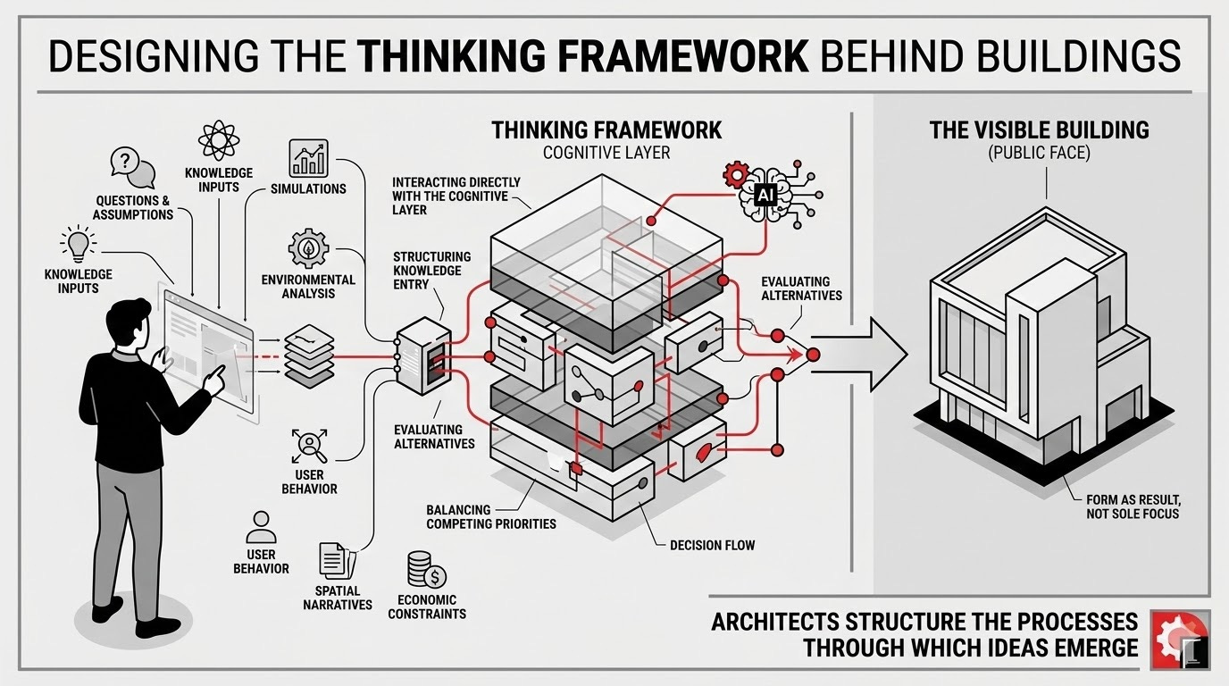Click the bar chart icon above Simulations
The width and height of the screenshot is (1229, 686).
(308, 157)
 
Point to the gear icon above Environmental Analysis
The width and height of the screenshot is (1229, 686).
(308, 247)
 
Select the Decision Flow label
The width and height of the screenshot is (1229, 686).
(711, 544)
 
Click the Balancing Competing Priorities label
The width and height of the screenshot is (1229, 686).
(490, 516)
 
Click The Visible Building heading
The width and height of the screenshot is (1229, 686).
(1039, 130)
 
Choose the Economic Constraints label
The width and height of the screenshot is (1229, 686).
(434, 607)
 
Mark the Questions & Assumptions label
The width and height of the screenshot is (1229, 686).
(133, 208)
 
